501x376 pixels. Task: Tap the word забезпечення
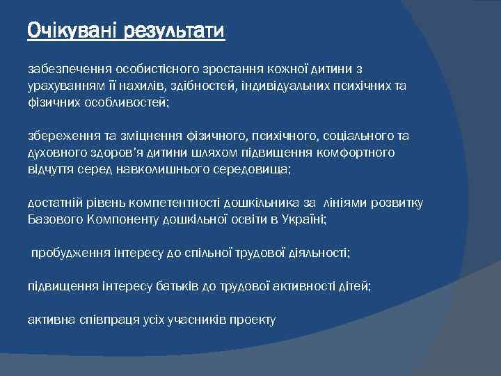click(65, 70)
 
